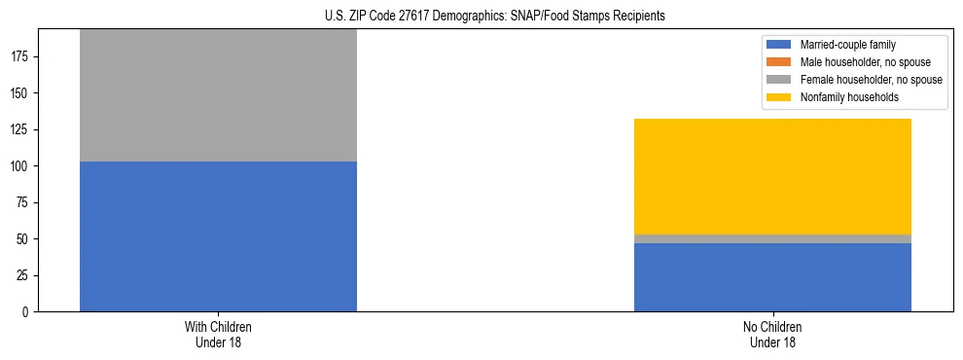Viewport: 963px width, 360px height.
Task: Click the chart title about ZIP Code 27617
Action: (495, 17)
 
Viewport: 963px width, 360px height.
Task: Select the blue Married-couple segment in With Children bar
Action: (218, 236)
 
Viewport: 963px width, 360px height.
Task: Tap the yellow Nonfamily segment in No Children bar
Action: (772, 176)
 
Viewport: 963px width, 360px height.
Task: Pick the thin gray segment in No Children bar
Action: (772, 238)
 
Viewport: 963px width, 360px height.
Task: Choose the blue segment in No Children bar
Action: (772, 277)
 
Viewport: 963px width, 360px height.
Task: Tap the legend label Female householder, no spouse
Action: (871, 80)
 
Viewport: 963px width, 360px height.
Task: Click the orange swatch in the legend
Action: (779, 62)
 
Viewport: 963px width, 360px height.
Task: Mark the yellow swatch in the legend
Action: (779, 97)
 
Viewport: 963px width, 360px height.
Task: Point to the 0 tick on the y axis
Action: (26, 312)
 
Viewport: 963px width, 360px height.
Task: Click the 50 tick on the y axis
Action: (23, 239)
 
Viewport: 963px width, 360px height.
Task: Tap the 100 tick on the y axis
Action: (20, 166)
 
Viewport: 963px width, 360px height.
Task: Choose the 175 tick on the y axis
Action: (20, 56)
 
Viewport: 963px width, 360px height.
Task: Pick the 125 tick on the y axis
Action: (20, 129)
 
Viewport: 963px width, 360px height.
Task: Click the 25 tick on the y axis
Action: (23, 275)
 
